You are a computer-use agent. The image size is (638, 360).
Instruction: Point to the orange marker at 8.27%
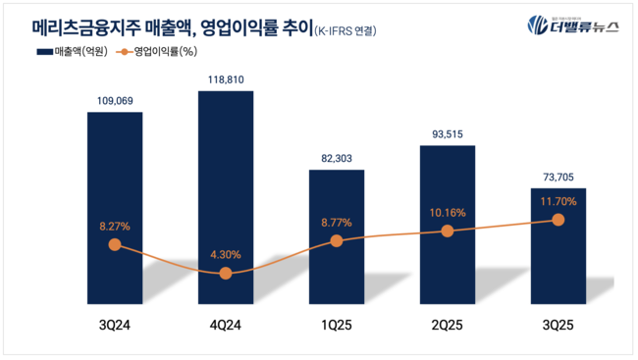[x=115, y=244]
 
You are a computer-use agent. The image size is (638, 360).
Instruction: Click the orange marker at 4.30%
[x=226, y=274]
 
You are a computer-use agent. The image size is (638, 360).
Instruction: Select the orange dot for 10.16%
[x=448, y=231]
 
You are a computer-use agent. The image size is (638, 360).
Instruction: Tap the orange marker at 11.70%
[x=558, y=220]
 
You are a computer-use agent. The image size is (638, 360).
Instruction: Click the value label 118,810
[x=226, y=76]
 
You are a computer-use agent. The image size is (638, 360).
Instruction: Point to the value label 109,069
[x=115, y=98]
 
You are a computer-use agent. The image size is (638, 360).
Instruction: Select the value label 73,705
[x=558, y=175]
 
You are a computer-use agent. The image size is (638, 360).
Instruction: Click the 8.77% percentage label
[x=337, y=223]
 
